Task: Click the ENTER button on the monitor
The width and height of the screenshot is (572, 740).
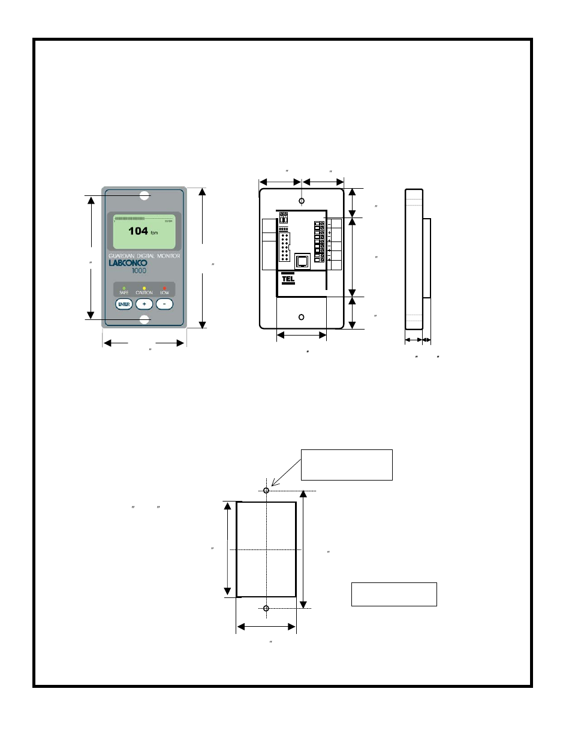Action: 124,304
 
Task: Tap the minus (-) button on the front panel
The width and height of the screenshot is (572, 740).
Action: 164,304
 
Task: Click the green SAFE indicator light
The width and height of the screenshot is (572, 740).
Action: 124,288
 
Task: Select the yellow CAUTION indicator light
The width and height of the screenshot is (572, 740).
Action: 144,288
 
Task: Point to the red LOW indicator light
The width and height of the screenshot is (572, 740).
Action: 164,288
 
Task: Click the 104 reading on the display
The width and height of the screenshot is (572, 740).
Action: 138,231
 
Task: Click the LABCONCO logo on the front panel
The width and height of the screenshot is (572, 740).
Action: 128,263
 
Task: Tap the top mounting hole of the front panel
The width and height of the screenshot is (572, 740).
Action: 144,195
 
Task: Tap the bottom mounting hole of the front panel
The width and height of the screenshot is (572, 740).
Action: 144,320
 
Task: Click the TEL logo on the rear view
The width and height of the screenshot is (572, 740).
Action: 288,279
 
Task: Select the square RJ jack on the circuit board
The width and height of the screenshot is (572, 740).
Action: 302,261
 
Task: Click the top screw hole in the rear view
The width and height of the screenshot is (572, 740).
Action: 302,201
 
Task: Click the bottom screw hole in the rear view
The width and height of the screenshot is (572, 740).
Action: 302,317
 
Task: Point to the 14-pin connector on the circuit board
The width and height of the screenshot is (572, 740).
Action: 285,246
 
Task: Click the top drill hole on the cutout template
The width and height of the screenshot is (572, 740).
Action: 266,491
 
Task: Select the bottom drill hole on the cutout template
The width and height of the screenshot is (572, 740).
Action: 266,609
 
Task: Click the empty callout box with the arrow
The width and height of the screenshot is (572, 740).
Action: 347,465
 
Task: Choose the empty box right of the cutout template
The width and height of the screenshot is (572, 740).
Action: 394,594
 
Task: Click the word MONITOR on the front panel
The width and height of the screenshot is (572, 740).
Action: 168,256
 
